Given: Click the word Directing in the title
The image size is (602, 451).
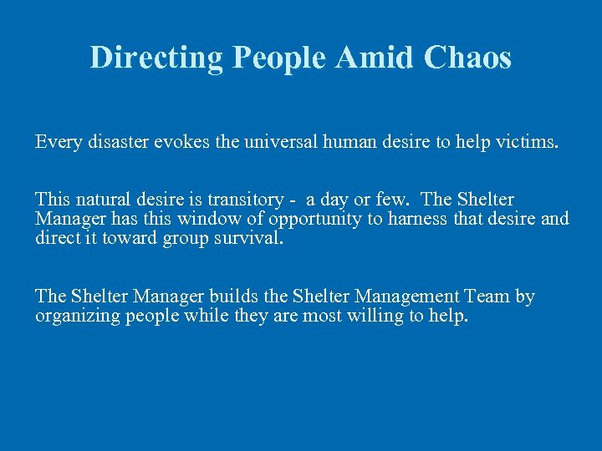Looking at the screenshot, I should pyautogui.click(x=157, y=58).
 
